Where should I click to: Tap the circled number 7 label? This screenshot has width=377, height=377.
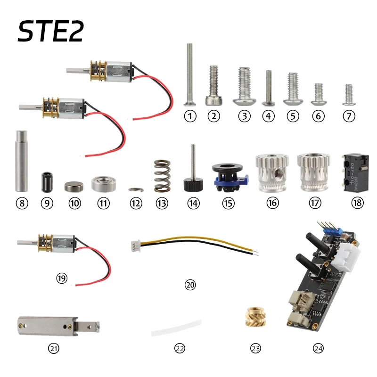tap(349, 116)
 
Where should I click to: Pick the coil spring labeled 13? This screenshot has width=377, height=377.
tap(161, 176)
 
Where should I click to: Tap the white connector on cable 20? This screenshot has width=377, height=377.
tap(135, 246)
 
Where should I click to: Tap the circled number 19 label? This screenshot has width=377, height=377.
tap(61, 279)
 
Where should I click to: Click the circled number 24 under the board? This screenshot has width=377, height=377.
tap(319, 349)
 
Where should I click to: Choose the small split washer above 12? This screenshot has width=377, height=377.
tap(135, 189)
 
